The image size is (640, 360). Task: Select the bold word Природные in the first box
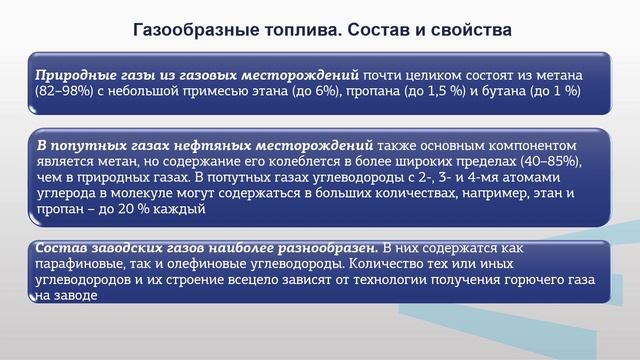click(x=70, y=76)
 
